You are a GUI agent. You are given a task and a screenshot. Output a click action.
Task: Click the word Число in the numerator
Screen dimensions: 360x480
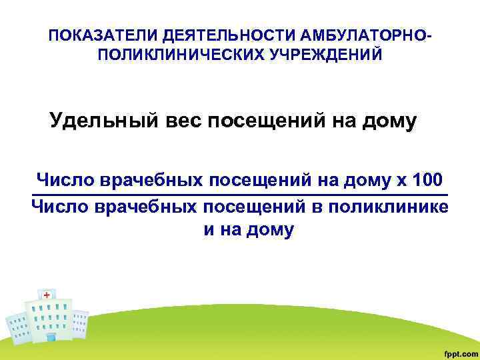pos(65,181)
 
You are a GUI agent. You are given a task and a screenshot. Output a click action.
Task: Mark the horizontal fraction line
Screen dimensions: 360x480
pos(240,195)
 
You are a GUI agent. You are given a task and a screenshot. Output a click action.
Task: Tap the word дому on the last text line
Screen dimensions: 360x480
pos(270,231)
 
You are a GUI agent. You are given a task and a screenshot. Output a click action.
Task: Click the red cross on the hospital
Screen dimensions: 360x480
pos(47,295)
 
